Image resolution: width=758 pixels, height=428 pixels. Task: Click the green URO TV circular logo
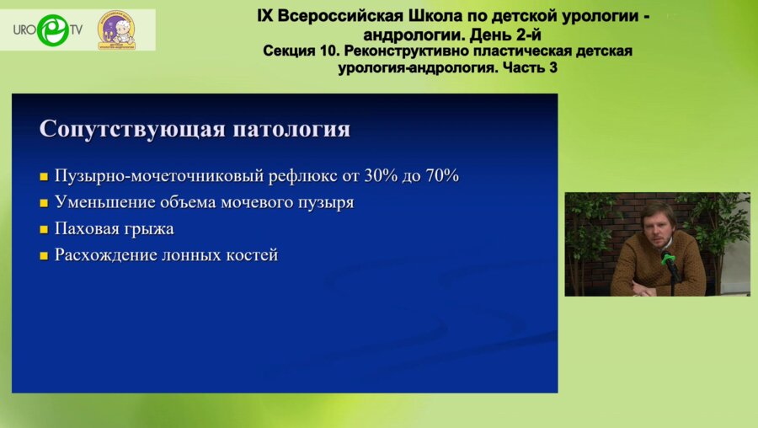click(x=51, y=29)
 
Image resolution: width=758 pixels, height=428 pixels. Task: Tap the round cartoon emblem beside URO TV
click(x=115, y=29)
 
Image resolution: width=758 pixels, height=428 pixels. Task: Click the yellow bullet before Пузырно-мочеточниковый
click(x=44, y=178)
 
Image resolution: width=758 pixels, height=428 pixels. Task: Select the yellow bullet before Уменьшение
click(x=44, y=204)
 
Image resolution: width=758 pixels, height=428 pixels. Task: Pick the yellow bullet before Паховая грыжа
click(x=44, y=230)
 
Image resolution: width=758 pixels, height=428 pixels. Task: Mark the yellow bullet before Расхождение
click(x=44, y=256)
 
